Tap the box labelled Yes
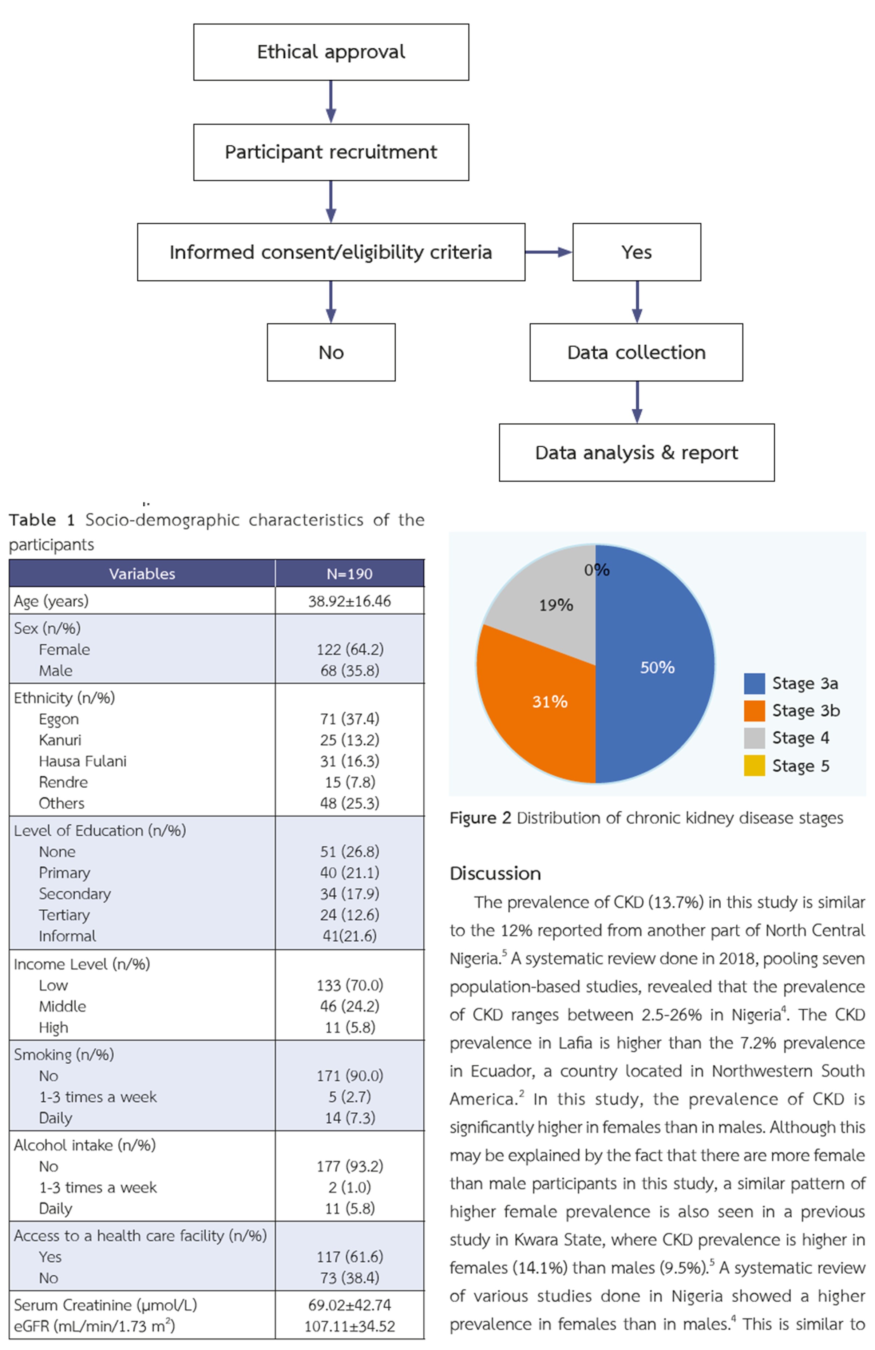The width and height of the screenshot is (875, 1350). point(636,252)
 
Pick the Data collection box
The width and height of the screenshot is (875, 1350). point(636,352)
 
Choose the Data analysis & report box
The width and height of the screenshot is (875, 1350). point(636,453)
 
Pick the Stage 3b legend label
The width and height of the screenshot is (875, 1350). point(805,710)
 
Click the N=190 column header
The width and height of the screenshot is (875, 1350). point(349,574)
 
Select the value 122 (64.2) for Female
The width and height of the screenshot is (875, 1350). point(349,649)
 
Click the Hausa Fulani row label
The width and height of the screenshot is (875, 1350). point(82,761)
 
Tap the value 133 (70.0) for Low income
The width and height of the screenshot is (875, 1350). point(349,985)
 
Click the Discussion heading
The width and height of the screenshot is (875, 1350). point(495,873)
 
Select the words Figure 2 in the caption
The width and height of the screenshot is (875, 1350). point(480,818)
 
